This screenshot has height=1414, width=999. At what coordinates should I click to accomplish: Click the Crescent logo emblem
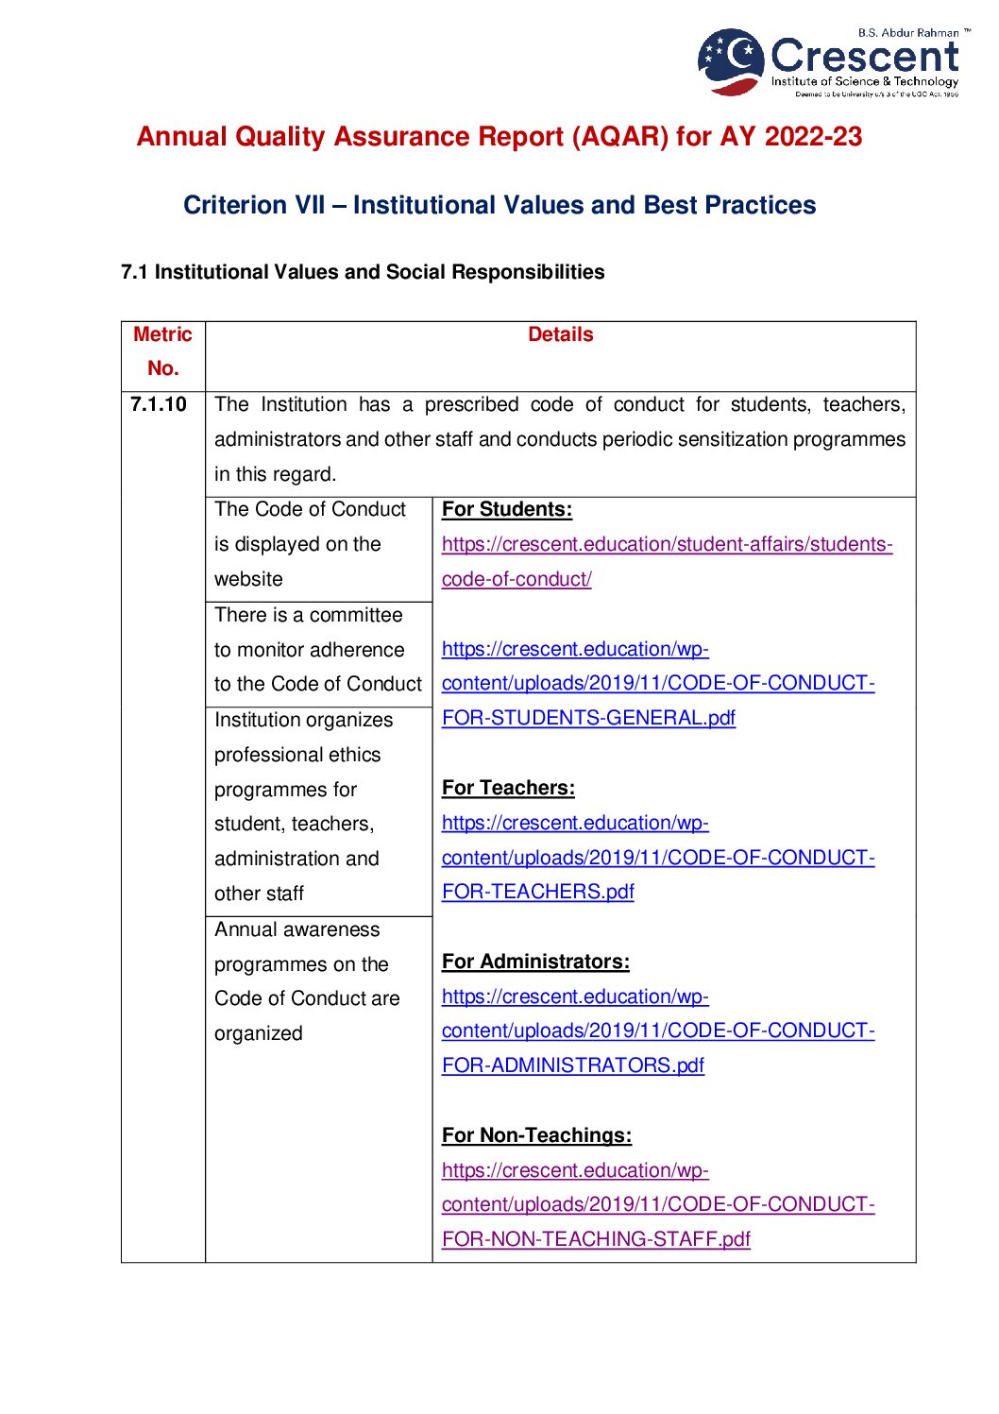(x=731, y=61)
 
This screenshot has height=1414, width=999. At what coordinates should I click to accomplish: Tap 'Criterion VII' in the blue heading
(x=254, y=205)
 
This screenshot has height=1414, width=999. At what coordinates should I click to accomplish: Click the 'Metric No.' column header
(x=162, y=351)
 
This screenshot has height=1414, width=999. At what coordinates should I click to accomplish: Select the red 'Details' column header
(x=560, y=334)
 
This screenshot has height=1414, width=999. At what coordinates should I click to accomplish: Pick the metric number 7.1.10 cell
(x=159, y=404)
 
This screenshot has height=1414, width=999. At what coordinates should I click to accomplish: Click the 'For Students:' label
(x=506, y=509)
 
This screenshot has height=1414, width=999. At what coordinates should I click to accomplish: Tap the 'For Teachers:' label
(x=508, y=788)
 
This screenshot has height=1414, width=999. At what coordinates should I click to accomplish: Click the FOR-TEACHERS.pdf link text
(x=537, y=892)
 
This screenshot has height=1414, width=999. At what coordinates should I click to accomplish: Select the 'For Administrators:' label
(x=535, y=962)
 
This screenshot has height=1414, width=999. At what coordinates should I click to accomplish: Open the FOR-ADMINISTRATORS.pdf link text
(x=572, y=1065)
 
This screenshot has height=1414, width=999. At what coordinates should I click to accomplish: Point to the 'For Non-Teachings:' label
(x=536, y=1135)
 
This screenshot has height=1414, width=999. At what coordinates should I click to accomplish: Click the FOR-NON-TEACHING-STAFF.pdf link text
(x=596, y=1239)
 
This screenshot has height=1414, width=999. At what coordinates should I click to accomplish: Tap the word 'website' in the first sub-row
(x=248, y=579)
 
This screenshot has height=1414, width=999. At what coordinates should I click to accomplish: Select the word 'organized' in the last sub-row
(x=258, y=1033)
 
